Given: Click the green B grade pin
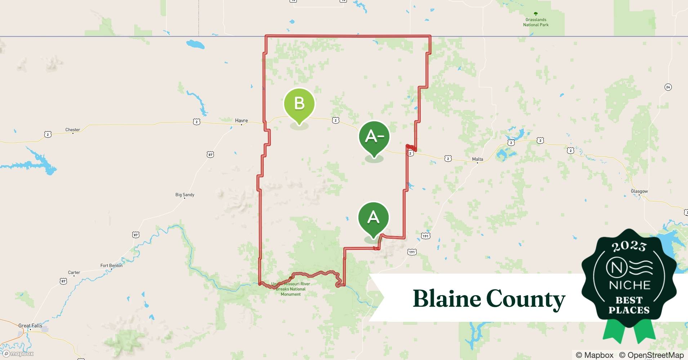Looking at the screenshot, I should point(299,104).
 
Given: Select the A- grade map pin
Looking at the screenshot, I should point(374,136).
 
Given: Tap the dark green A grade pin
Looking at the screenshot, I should point(373,218).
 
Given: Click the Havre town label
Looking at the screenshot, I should point(241,121).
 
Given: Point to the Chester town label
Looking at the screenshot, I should point(73,130).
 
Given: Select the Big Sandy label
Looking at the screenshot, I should point(185,195).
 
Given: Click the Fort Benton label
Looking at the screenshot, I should point(111,266).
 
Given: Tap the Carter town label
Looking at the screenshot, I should point(74,273).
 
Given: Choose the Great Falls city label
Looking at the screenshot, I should point(30,325).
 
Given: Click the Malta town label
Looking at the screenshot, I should point(478,159).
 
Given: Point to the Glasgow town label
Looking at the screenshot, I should point(639,191).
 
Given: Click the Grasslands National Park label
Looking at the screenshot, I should point(536,22).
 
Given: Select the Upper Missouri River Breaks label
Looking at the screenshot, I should point(291,289).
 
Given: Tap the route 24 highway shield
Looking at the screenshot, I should point(668,87).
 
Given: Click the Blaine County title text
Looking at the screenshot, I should point(489,299).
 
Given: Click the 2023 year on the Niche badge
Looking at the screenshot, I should point(629,246).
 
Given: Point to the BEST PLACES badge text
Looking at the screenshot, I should point(629,305).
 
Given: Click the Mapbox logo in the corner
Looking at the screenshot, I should point(19,354).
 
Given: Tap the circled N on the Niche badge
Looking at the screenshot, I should point(617,267).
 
